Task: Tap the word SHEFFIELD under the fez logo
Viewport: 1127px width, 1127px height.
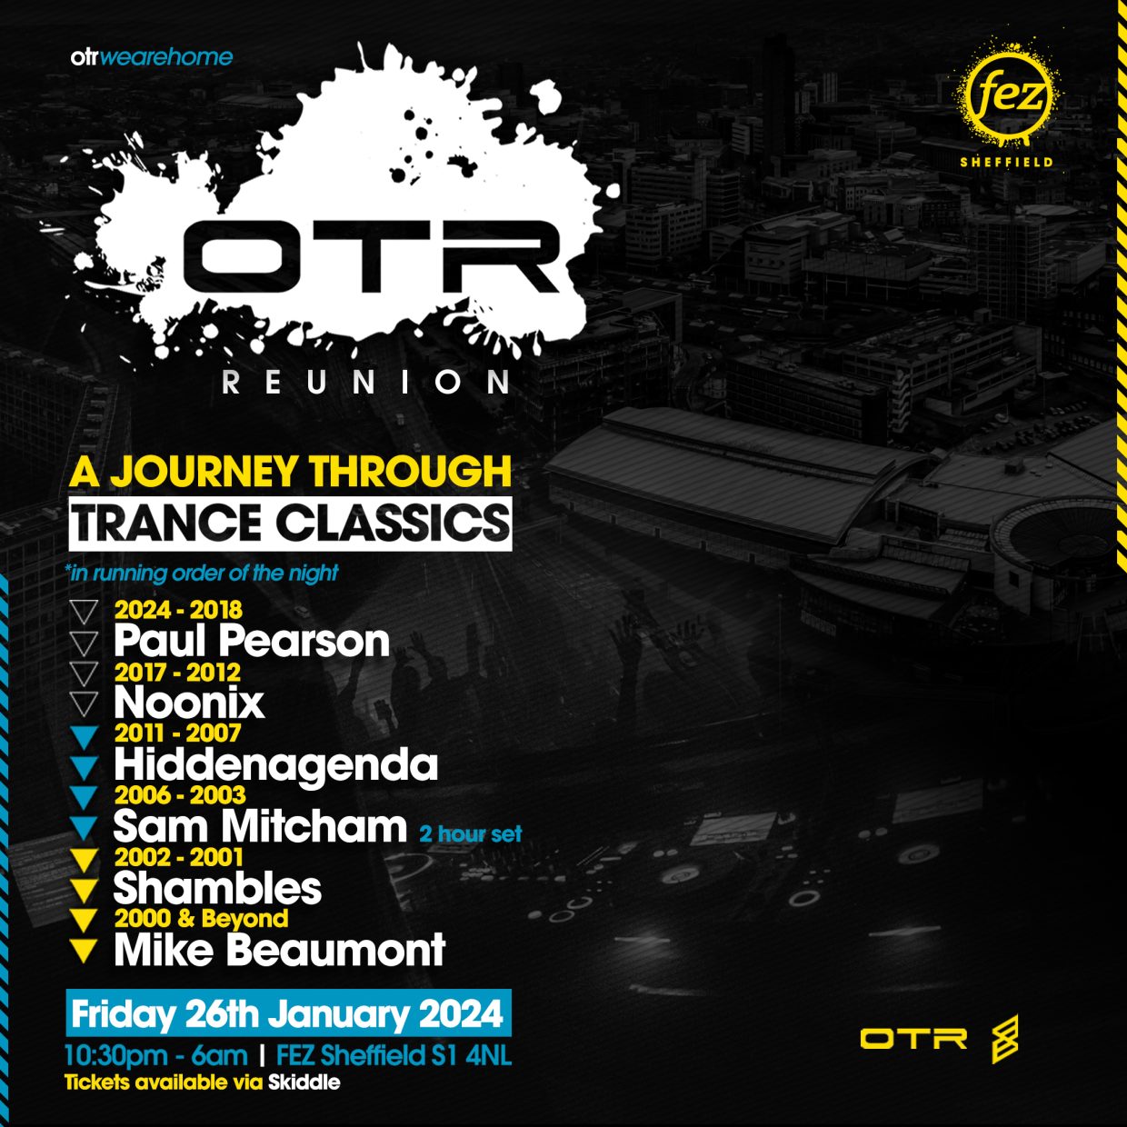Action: click(1006, 162)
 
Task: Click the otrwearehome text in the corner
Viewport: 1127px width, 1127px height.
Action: click(152, 57)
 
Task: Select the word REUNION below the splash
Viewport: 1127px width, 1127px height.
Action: click(366, 383)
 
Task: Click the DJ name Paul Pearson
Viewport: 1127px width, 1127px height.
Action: click(252, 641)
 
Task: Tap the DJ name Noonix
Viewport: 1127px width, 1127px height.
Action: click(189, 703)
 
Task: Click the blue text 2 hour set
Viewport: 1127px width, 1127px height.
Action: click(470, 833)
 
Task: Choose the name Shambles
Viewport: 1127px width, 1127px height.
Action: click(217, 888)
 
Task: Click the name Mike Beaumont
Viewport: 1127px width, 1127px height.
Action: click(280, 950)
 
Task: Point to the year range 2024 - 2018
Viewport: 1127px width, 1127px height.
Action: click(178, 610)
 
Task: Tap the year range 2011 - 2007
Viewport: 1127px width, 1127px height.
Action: click(178, 733)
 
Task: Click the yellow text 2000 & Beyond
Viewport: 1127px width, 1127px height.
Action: click(201, 918)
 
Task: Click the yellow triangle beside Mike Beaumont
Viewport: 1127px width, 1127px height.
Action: click(84, 951)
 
